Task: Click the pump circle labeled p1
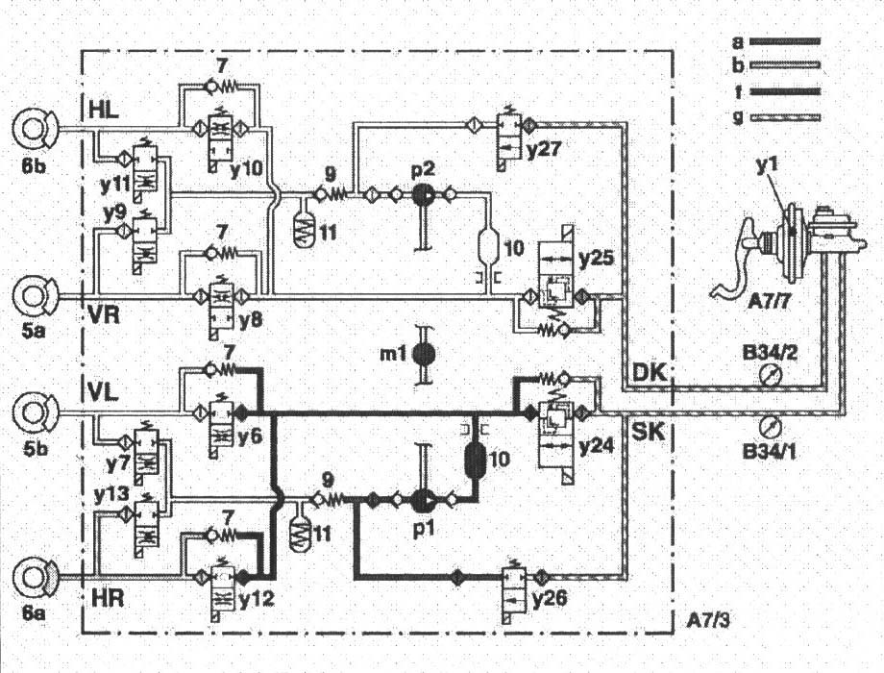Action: pyautogui.click(x=421, y=500)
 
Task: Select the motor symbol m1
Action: pyautogui.click(x=421, y=353)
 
